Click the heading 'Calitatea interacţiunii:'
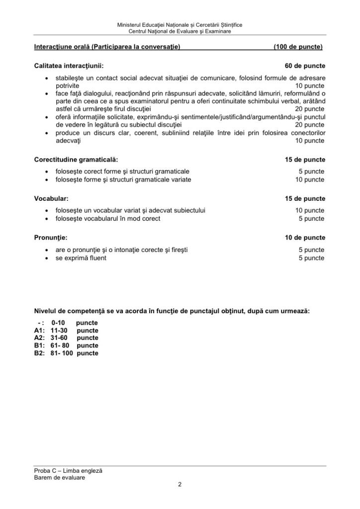click(x=69, y=66)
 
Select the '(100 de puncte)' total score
click(x=298, y=47)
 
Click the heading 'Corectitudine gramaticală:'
click(x=76, y=160)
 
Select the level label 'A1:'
click(x=39, y=330)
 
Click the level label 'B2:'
click(x=39, y=353)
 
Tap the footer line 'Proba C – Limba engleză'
click(x=68, y=470)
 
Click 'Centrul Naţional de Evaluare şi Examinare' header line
click(x=180, y=31)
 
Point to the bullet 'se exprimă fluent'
click(x=81, y=258)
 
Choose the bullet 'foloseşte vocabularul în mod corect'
click(x=108, y=219)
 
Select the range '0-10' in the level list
click(x=58, y=322)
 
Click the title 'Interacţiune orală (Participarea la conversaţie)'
click(x=107, y=47)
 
